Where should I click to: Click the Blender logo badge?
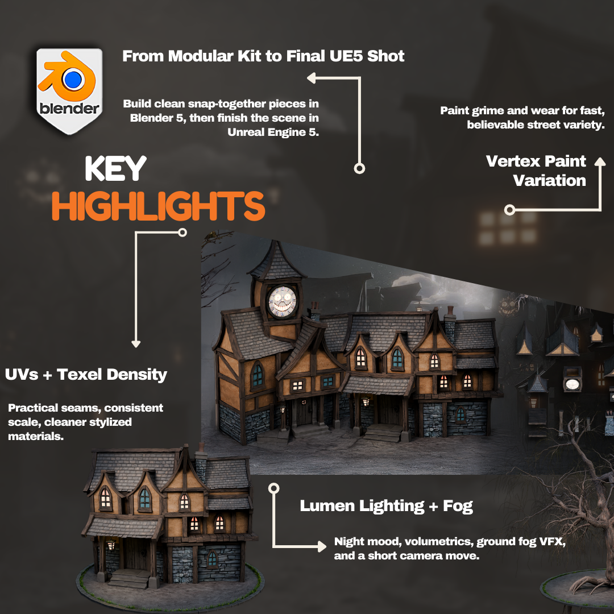pos(69,91)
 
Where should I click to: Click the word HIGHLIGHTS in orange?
pos(159,206)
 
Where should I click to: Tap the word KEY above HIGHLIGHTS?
pos(115,168)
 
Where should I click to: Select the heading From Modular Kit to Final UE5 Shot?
pos(263,56)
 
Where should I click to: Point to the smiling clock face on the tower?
pos(281,301)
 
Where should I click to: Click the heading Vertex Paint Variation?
pos(536,171)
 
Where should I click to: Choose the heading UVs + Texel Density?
pos(86,374)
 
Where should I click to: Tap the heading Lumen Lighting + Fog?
pos(386,505)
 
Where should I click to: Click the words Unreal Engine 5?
pos(273,132)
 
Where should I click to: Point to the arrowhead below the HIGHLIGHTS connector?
pos(136,344)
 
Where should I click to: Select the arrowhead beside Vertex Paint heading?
pos(600,161)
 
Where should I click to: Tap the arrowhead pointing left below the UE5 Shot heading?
pos(312,78)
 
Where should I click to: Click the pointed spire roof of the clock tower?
pos(276,260)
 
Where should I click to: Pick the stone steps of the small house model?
pos(129,578)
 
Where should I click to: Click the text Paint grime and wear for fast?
pos(522,110)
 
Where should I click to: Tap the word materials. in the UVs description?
pos(36,436)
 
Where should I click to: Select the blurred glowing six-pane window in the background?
pos(508,227)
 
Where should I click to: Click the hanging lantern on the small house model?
pos(111,545)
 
